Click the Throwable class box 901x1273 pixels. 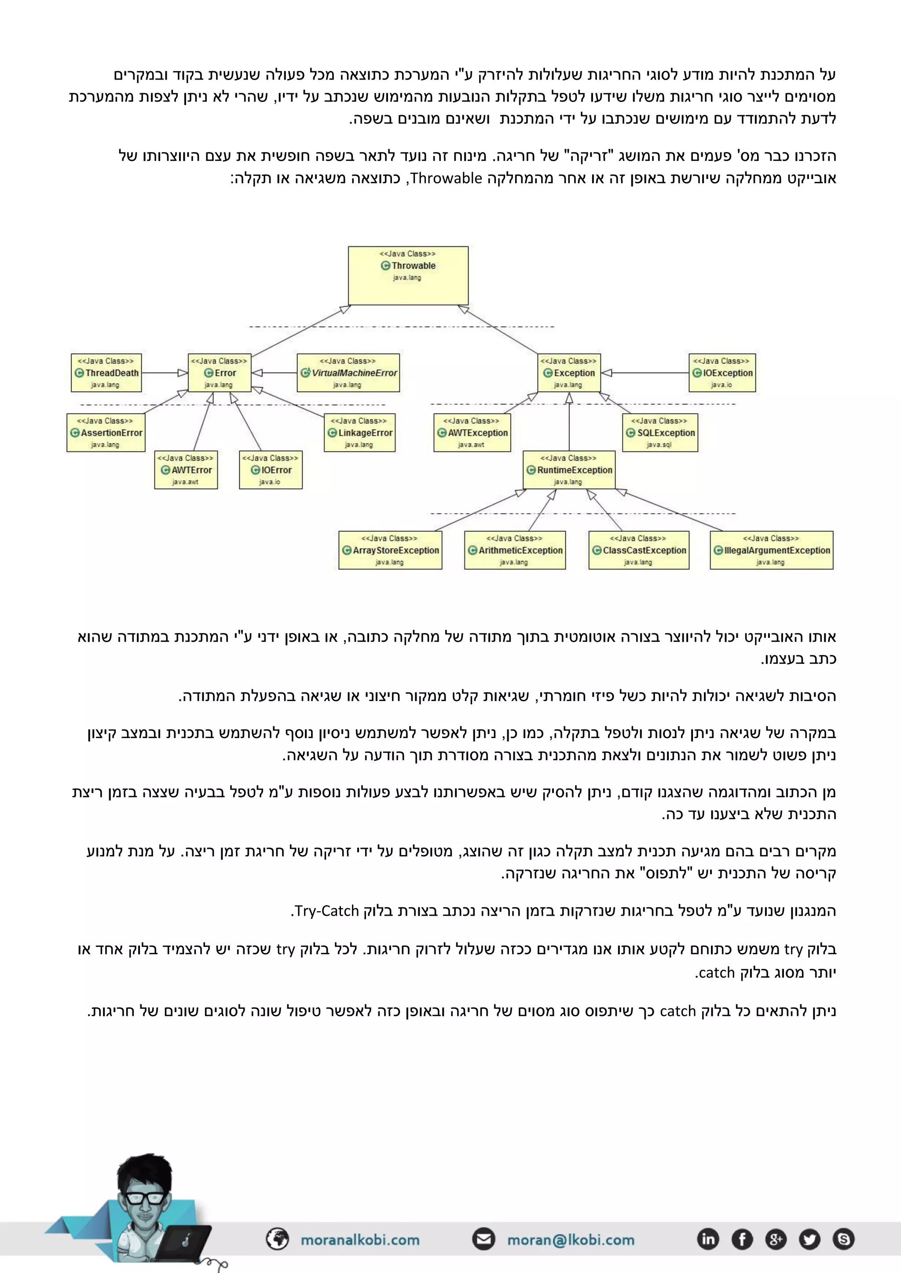click(x=408, y=276)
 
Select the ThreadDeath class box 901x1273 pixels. click(x=106, y=373)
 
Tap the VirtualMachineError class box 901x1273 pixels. click(x=348, y=373)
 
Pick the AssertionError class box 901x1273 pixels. click(x=106, y=433)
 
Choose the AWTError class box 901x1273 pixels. click(x=186, y=469)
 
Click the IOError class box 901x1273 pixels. click(x=271, y=469)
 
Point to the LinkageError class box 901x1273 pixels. click(x=359, y=433)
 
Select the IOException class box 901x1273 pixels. click(x=722, y=373)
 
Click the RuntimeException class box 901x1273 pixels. click(x=569, y=469)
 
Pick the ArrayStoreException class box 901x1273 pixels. click(x=390, y=550)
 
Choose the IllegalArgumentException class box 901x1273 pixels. click(x=771, y=550)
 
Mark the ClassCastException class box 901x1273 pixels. click(x=639, y=550)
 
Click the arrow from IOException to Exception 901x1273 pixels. click(x=646, y=373)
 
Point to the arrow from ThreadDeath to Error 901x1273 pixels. click(x=165, y=373)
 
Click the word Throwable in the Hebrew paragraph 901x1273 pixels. click(x=446, y=178)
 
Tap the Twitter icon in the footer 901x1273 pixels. click(x=809, y=1239)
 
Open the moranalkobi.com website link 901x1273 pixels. click(x=359, y=1240)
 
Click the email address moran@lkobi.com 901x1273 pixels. click(x=570, y=1240)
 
